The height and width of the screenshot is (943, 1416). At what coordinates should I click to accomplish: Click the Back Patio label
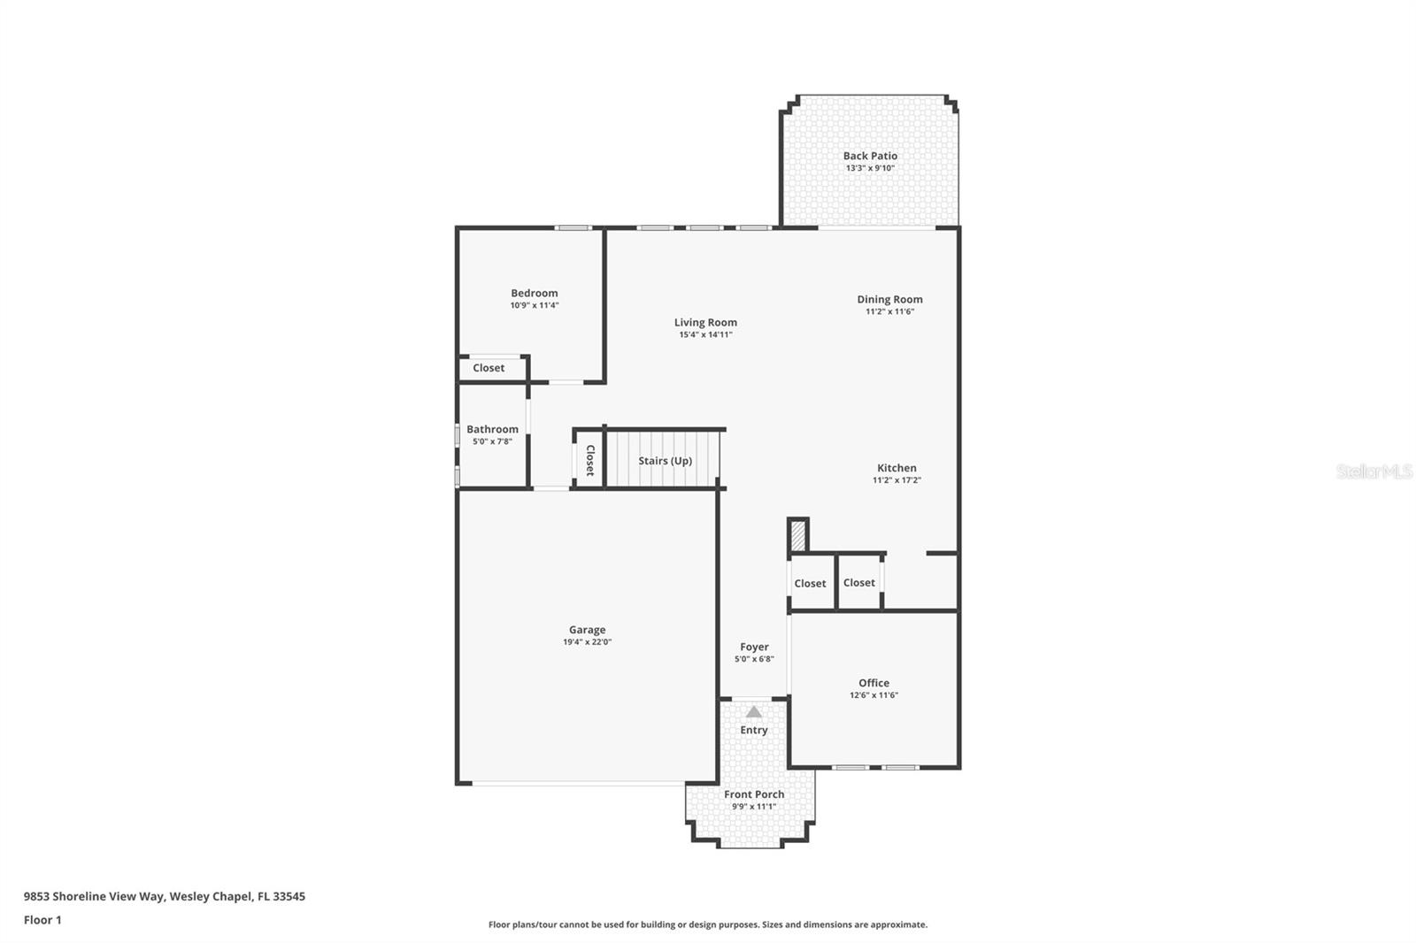click(870, 156)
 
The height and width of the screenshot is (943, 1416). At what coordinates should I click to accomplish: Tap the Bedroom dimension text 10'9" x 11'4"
click(535, 305)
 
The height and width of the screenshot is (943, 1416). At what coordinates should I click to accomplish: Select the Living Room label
click(705, 323)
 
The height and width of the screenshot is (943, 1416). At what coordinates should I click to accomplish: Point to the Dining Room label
click(889, 300)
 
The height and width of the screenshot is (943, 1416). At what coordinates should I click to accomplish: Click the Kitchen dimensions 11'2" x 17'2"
click(897, 480)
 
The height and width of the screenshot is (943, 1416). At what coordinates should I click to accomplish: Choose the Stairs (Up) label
click(666, 461)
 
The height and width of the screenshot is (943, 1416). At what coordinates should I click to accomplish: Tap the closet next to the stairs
click(589, 460)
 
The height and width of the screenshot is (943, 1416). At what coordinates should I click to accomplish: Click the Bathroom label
click(492, 429)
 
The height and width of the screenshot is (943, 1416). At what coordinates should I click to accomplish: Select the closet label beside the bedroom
click(489, 368)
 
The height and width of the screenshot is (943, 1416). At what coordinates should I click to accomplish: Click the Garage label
click(587, 630)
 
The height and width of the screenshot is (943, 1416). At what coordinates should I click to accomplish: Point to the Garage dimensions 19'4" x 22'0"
click(587, 642)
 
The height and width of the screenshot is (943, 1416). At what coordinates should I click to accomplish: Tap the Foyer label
click(754, 648)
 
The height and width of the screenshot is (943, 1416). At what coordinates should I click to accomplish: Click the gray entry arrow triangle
click(753, 712)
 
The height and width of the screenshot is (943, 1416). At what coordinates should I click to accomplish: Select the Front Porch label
click(754, 794)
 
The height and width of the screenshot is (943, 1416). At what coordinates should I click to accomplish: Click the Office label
click(873, 683)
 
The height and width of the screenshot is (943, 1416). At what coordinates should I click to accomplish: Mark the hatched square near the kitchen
click(798, 536)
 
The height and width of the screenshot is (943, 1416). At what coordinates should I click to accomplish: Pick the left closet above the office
click(810, 584)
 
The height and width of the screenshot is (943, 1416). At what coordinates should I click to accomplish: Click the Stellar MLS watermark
click(1374, 471)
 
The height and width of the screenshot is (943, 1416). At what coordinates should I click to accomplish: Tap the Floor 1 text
click(42, 920)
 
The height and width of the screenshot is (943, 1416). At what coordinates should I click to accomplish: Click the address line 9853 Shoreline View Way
click(164, 896)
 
